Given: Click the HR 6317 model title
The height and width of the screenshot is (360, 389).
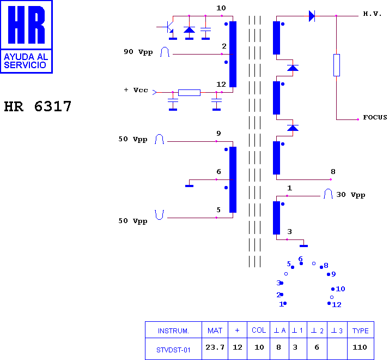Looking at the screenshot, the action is click(x=38, y=106).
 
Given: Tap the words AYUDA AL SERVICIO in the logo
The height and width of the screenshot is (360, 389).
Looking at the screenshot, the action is click(x=26, y=61).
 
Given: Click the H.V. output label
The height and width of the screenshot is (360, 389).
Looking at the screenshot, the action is click(x=372, y=14).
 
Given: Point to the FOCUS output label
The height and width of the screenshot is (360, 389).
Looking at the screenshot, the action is click(x=375, y=117).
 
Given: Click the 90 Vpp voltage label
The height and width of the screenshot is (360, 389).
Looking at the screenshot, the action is click(x=138, y=52).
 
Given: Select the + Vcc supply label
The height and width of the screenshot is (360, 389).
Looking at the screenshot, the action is click(x=136, y=90).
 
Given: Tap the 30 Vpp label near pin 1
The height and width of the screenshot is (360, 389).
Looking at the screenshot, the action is click(x=350, y=195).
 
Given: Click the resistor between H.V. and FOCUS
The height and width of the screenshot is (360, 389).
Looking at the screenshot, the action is click(x=336, y=65).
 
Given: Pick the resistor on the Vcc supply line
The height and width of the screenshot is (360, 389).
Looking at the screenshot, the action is click(x=189, y=93).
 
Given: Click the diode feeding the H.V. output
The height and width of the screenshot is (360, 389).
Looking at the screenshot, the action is click(x=312, y=16).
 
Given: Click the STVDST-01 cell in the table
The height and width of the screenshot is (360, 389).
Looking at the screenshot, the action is click(x=173, y=349).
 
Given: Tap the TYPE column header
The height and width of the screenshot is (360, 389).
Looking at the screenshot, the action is click(x=361, y=331).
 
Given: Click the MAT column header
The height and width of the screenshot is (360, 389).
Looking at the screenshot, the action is click(x=215, y=331).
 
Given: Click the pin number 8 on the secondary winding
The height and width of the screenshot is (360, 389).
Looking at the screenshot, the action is click(x=333, y=172).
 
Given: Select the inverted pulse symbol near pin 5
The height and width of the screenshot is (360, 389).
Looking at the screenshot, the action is click(x=159, y=215).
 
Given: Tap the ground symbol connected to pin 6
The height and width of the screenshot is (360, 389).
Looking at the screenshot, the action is click(x=189, y=186).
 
